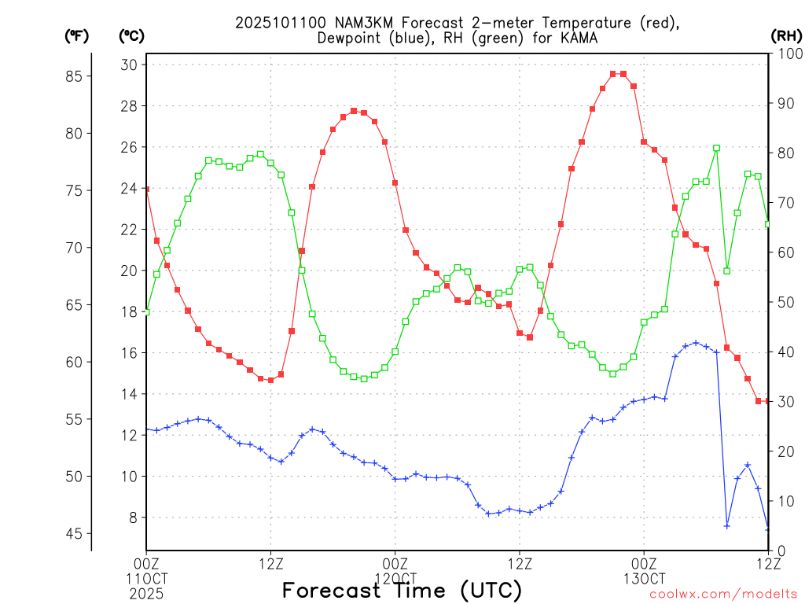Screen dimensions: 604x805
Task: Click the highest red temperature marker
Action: [613, 74]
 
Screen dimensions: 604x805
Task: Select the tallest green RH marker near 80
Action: [716, 148]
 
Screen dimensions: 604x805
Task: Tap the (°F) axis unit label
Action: [76, 35]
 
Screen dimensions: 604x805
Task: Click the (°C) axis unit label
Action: [131, 35]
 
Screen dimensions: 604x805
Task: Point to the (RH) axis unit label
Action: [785, 35]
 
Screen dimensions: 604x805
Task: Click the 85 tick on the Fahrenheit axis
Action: [76, 76]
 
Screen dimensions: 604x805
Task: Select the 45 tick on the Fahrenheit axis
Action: [76, 534]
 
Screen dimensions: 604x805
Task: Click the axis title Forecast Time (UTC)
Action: [402, 591]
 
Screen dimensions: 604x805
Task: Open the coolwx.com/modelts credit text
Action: [723, 595]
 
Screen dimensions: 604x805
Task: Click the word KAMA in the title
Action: [580, 38]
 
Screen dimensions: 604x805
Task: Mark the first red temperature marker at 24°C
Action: [146, 190]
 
